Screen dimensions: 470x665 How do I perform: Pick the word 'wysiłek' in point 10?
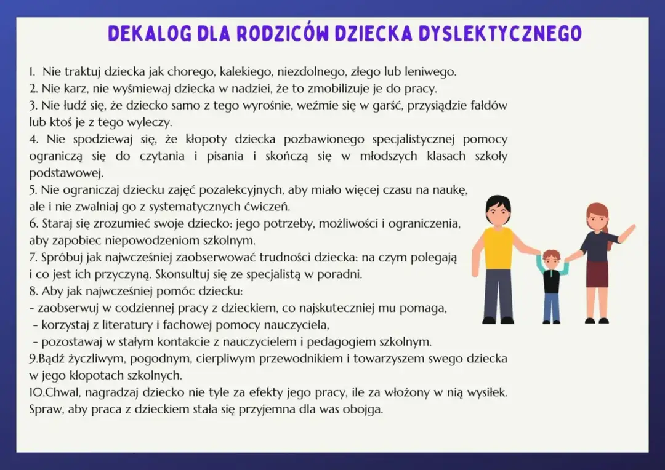(x=487, y=392)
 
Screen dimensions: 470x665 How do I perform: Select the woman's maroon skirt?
(x=597, y=274)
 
